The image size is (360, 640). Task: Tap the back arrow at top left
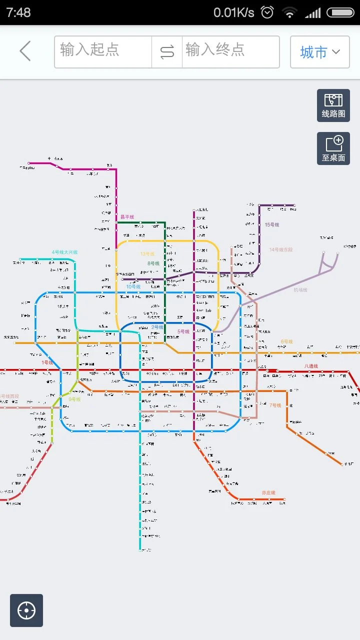click(x=25, y=51)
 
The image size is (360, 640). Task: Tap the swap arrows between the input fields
click(x=167, y=52)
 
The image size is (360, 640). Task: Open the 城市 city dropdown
click(x=319, y=52)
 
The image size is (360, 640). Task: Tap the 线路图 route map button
click(x=333, y=105)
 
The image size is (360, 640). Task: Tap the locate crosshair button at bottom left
click(x=26, y=610)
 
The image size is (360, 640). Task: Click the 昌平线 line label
click(x=127, y=217)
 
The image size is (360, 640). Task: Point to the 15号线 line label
click(x=272, y=225)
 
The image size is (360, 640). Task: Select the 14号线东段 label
click(x=280, y=249)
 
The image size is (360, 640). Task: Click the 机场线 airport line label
click(x=300, y=290)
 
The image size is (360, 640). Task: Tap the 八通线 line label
click(x=311, y=366)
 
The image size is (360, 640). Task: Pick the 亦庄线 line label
click(x=268, y=492)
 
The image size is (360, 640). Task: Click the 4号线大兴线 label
click(x=64, y=252)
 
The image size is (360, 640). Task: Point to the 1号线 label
click(x=47, y=362)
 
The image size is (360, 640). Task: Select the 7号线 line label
click(x=275, y=405)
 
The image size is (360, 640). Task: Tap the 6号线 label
click(x=286, y=341)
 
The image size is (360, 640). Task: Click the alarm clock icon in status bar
click(x=267, y=12)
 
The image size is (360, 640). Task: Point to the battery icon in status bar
click(x=340, y=12)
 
